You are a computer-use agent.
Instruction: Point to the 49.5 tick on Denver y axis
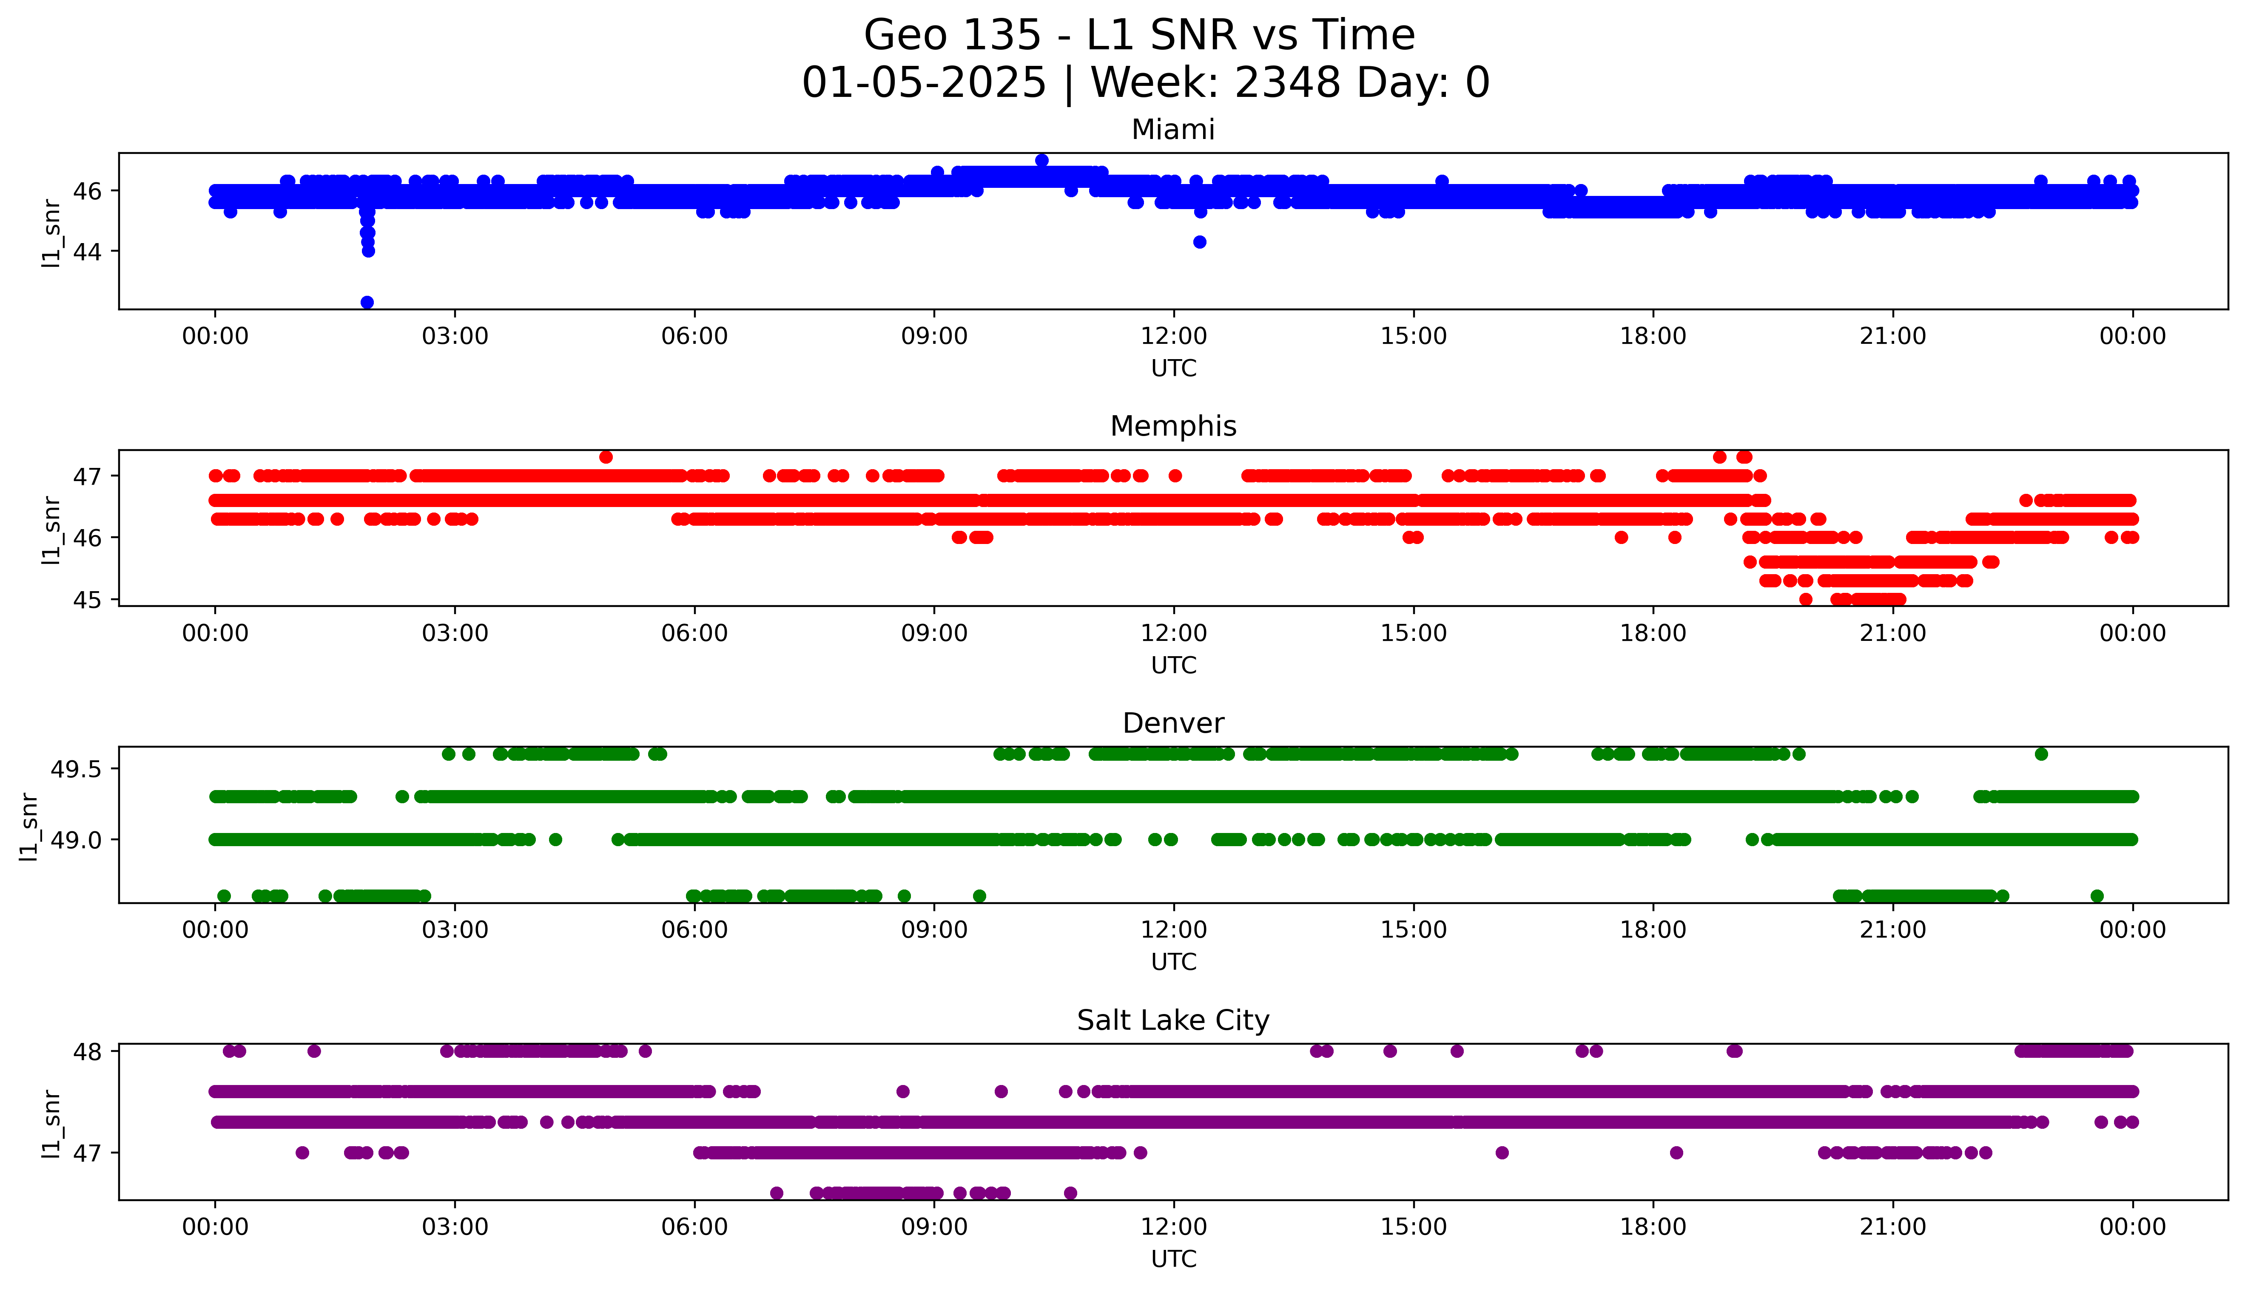pyautogui.click(x=77, y=769)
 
